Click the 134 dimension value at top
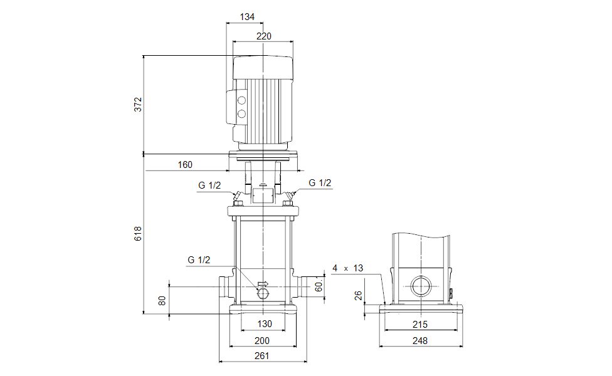point(247,17)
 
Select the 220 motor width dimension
point(264,36)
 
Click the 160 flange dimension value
point(185,165)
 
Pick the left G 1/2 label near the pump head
point(209,185)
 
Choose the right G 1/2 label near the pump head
point(320,183)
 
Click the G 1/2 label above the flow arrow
point(199,259)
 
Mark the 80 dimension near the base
point(162,301)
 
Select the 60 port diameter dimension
point(319,286)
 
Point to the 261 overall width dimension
point(262,356)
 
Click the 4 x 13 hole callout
point(347,268)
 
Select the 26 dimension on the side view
point(358,295)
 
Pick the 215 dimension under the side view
point(420,324)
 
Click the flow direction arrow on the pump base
point(262,284)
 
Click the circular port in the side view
point(420,287)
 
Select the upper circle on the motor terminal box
point(241,100)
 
